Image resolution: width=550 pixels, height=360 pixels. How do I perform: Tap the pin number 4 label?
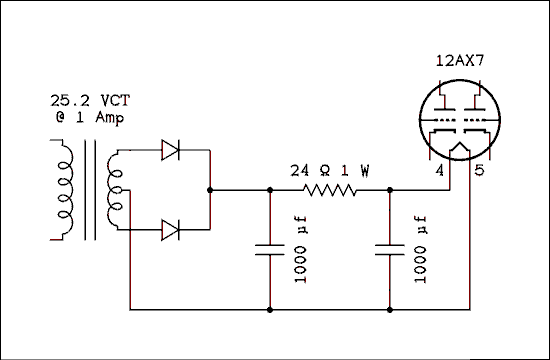click(x=438, y=171)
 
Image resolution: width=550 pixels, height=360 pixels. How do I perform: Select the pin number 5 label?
click(x=479, y=171)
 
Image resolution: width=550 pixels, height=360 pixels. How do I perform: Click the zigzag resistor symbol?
click(x=330, y=189)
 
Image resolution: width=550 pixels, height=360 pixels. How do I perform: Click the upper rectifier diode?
click(x=171, y=152)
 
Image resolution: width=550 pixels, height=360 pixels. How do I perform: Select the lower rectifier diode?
click(x=171, y=230)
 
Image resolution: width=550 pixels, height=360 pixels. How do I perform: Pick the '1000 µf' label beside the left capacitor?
click(x=301, y=250)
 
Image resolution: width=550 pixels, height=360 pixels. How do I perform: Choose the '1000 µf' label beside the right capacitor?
click(x=420, y=250)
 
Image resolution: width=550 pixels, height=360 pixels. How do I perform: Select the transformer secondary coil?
click(x=115, y=190)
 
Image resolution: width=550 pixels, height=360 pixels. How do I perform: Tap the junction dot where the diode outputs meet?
click(x=210, y=189)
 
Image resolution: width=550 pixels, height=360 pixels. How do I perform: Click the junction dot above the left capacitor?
click(x=269, y=189)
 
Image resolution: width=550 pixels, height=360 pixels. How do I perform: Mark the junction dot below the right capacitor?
click(x=388, y=310)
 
